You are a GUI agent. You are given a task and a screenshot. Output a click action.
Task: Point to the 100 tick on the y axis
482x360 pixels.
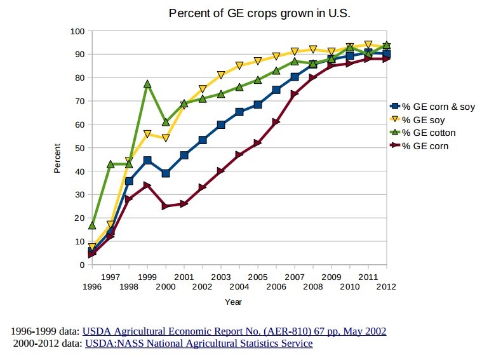(x=77, y=31)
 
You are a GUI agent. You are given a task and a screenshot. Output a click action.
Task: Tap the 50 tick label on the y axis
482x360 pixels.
(x=79, y=148)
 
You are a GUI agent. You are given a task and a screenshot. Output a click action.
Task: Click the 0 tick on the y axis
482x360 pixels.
(x=82, y=265)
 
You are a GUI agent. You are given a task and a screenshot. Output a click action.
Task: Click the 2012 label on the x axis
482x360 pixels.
(x=385, y=286)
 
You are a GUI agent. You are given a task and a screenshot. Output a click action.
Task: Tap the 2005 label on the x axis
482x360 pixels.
(x=257, y=277)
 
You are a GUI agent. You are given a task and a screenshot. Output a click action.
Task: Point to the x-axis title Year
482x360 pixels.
(x=233, y=302)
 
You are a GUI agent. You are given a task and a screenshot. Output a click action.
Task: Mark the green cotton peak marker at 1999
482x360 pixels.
(x=147, y=84)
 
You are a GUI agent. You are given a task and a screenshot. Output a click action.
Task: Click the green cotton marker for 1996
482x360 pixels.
(x=92, y=225)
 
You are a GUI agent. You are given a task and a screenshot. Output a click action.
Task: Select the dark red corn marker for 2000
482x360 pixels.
(x=165, y=206)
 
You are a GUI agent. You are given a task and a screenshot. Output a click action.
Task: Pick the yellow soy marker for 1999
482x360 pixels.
(x=147, y=134)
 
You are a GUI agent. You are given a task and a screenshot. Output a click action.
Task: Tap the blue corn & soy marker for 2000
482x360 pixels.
(x=165, y=173)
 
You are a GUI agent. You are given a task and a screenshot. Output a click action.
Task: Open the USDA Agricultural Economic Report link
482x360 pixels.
(x=234, y=331)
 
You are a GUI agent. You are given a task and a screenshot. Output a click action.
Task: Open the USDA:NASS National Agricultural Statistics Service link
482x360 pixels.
(x=198, y=343)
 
